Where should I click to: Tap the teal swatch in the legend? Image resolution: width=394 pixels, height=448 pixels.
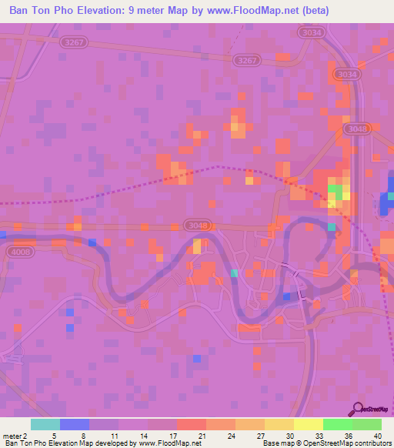click(x=45, y=424)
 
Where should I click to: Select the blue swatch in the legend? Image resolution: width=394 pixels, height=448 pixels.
click(x=74, y=424)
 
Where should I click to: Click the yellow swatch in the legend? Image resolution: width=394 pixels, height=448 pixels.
click(x=308, y=424)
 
